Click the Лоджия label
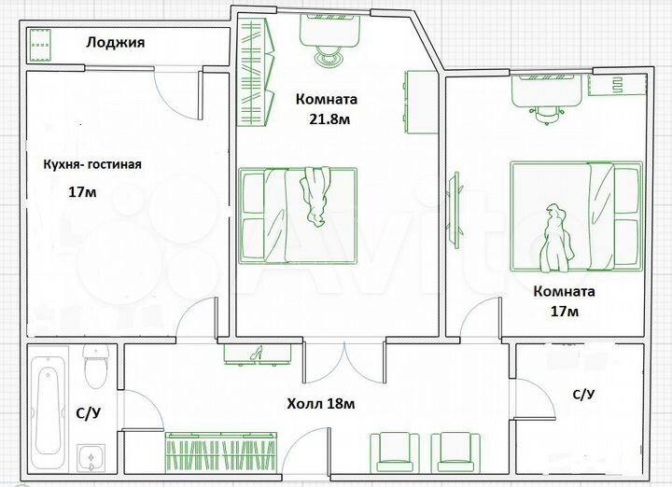[x=115, y=42]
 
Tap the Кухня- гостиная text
[x=91, y=164]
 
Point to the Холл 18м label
[x=320, y=404]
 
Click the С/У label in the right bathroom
[x=583, y=394]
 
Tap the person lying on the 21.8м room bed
[x=315, y=197]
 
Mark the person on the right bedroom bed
[x=557, y=235]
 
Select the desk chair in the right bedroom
[x=548, y=111]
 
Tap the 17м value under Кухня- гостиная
[x=83, y=192]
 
